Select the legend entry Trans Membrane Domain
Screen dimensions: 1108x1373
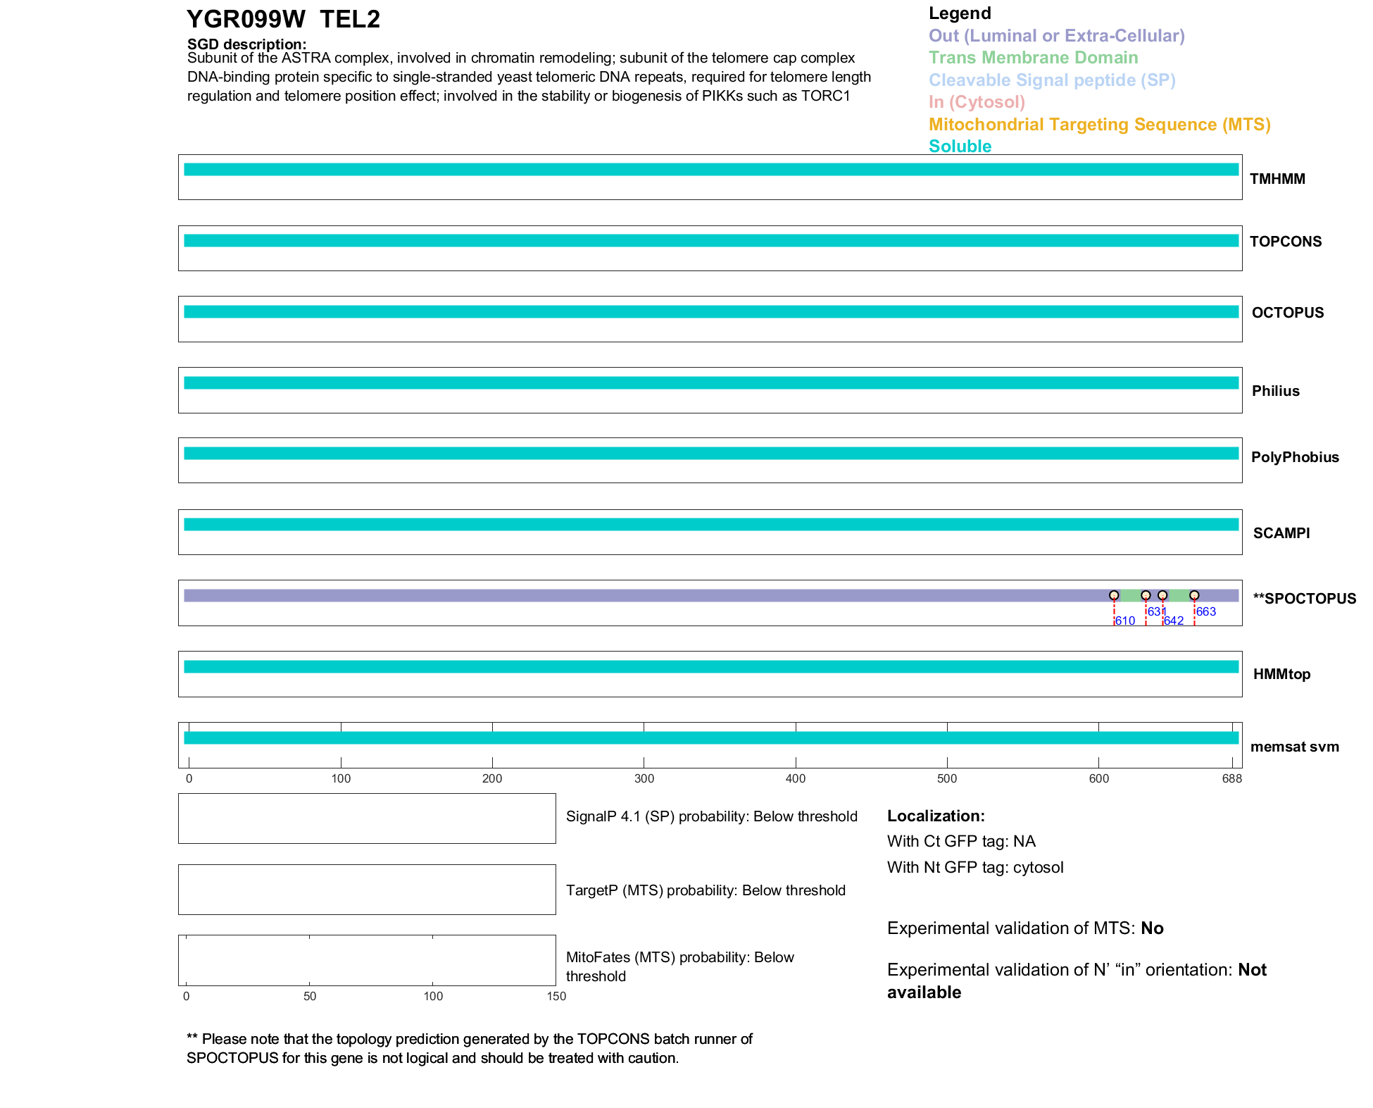click(x=1033, y=58)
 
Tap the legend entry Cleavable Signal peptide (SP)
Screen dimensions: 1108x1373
click(x=1052, y=80)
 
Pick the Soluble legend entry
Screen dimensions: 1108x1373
click(x=960, y=147)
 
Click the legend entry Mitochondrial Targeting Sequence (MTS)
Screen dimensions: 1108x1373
click(x=1099, y=125)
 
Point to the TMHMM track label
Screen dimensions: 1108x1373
click(x=1277, y=179)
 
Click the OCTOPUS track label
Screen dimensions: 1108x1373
click(x=1287, y=313)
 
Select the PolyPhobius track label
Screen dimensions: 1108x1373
click(x=1294, y=457)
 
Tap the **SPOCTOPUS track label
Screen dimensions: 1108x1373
click(x=1304, y=599)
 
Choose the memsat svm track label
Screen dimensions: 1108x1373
click(x=1294, y=747)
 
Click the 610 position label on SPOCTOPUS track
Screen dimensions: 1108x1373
click(x=1125, y=621)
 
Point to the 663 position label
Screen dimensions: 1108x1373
click(x=1206, y=611)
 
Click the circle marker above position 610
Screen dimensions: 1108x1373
click(x=1114, y=595)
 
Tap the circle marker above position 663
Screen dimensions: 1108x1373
click(x=1194, y=595)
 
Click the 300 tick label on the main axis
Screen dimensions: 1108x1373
click(x=644, y=778)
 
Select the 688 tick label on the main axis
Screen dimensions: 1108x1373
click(x=1231, y=778)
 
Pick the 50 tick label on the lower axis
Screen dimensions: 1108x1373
click(x=310, y=996)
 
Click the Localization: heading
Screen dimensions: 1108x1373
click(x=936, y=816)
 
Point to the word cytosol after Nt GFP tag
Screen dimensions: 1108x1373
click(x=1038, y=867)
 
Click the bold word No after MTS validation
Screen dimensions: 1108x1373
click(x=1152, y=928)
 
